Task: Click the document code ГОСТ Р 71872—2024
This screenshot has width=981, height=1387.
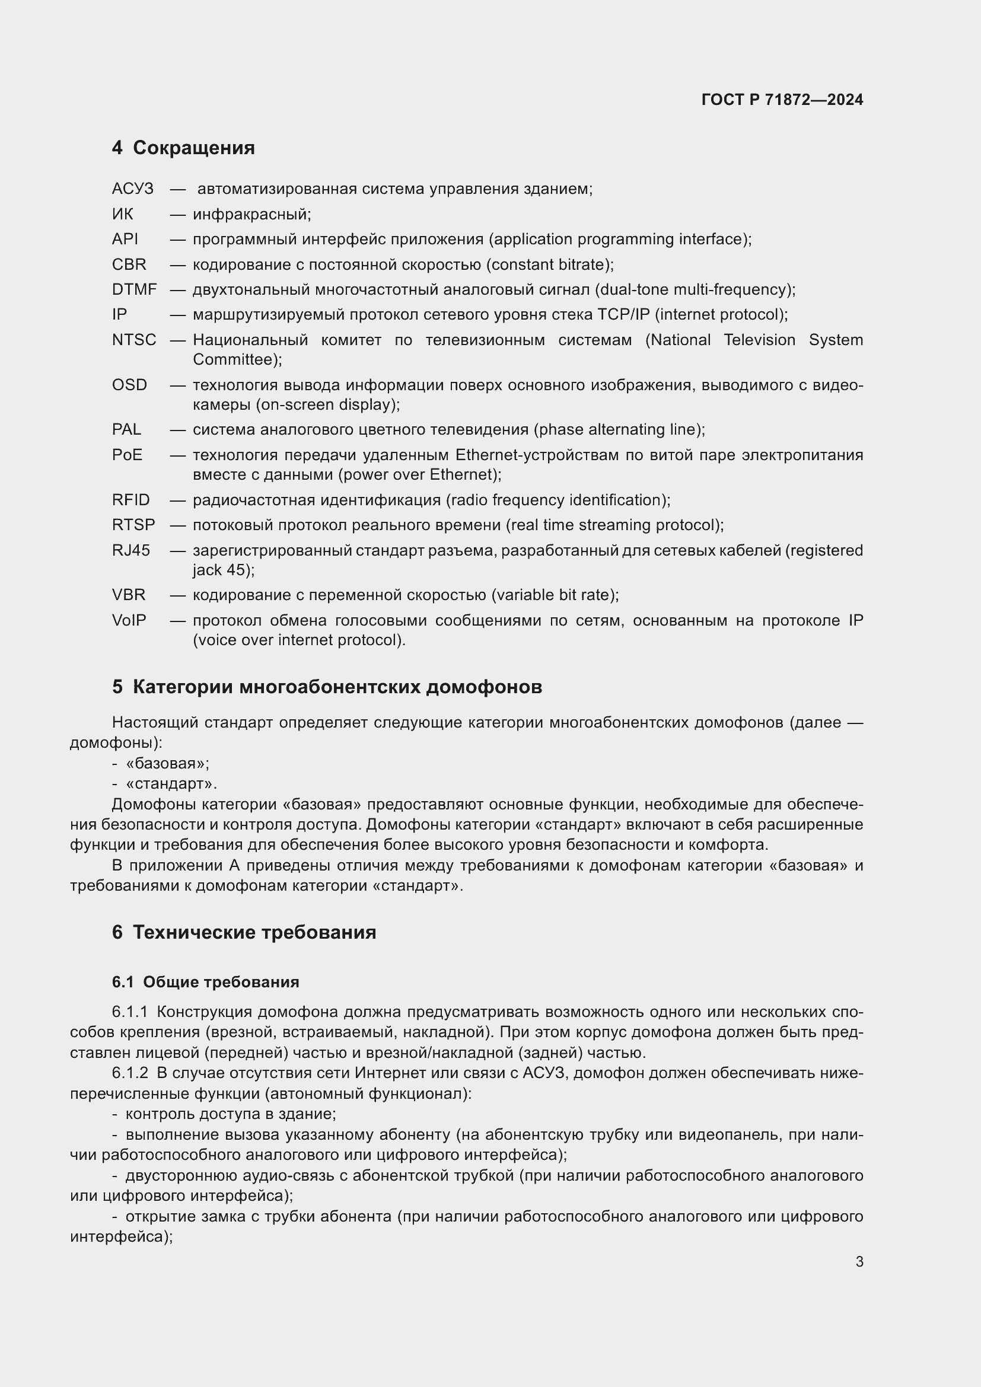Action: pyautogui.click(x=782, y=100)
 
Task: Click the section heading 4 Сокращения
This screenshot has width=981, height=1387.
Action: pyautogui.click(x=183, y=148)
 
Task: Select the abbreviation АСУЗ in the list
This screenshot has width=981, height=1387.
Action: pyautogui.click(x=133, y=189)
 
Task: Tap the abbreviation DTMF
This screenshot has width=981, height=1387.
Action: pyautogui.click(x=134, y=290)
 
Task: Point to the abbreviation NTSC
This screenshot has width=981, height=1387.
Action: pyautogui.click(x=134, y=340)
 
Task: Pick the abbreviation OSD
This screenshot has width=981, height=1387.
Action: pyautogui.click(x=129, y=385)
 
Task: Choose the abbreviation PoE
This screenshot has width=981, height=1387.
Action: pyautogui.click(x=127, y=455)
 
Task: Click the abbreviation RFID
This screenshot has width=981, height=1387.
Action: pyautogui.click(x=130, y=500)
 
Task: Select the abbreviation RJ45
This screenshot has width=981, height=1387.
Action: pyautogui.click(x=131, y=550)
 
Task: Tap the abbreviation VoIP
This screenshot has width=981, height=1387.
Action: pyautogui.click(x=129, y=620)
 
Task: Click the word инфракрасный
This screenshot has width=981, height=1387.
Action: pyautogui.click(x=252, y=215)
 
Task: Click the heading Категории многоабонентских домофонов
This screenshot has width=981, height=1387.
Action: pyautogui.click(x=337, y=687)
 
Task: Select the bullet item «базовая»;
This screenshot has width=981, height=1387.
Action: pyautogui.click(x=167, y=764)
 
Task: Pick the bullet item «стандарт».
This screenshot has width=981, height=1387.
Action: pyautogui.click(x=171, y=784)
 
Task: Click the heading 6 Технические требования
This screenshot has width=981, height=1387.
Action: pyautogui.click(x=244, y=932)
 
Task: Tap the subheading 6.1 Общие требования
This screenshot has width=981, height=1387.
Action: pyautogui.click(x=205, y=981)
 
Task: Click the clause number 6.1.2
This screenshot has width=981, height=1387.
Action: pyautogui.click(x=130, y=1073)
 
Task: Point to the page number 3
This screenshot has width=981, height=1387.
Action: pyautogui.click(x=859, y=1261)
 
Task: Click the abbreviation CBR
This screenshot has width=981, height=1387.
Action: pyautogui.click(x=129, y=264)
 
